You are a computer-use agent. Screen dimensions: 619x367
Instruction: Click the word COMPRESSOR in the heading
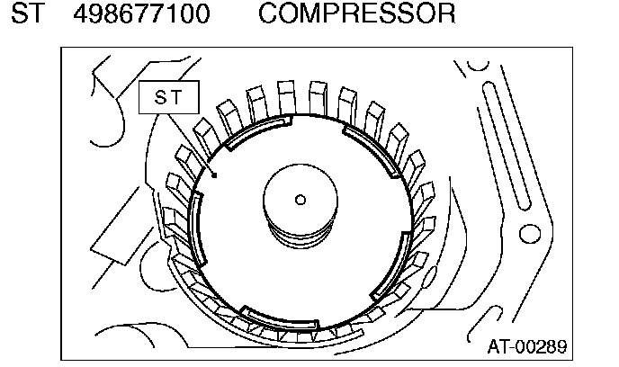point(356,13)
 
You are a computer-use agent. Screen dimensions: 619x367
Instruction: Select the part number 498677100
point(142,13)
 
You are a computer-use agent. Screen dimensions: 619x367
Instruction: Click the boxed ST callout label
point(169,97)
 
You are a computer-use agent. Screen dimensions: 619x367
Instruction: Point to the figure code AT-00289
point(527,347)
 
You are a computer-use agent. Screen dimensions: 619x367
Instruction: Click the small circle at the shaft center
point(301,200)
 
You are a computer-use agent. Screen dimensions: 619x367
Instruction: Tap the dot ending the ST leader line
point(214,175)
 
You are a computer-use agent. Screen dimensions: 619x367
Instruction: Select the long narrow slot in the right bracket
point(507,146)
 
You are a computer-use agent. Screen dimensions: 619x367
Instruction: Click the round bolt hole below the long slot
point(529,234)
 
